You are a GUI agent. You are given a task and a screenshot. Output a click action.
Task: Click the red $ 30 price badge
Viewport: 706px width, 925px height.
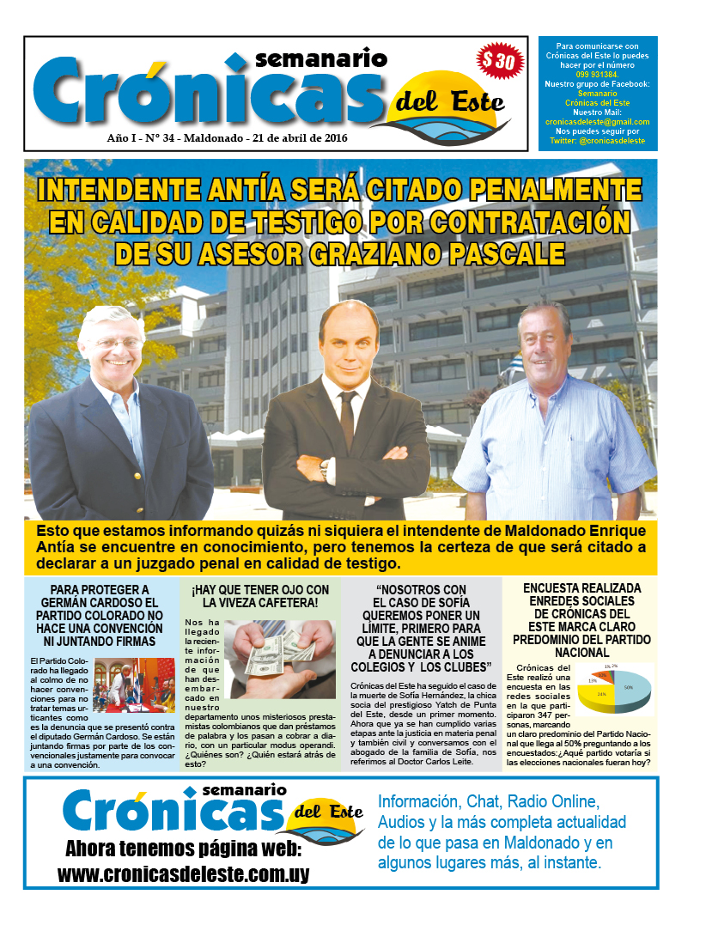(x=498, y=62)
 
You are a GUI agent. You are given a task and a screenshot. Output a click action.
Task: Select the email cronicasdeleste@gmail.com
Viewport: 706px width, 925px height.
(x=597, y=122)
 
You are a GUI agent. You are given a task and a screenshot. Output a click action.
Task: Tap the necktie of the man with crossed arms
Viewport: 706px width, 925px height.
(x=347, y=418)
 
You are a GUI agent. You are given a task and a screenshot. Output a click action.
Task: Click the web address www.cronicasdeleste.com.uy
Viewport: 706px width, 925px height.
(x=183, y=874)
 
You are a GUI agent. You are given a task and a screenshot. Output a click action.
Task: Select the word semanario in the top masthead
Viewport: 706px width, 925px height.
(x=321, y=59)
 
